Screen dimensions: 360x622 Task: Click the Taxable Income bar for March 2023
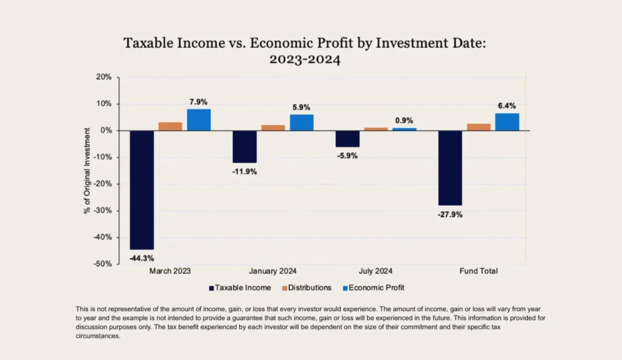point(142,190)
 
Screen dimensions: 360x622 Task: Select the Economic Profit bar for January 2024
point(301,123)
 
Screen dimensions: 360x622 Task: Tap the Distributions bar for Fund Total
point(479,127)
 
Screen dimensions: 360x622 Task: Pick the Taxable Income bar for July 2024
point(347,139)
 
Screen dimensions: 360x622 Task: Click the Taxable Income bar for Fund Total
point(450,168)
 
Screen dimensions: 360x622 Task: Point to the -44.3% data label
point(142,258)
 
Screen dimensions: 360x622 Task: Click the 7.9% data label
point(198,102)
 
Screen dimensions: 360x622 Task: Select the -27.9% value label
point(450,214)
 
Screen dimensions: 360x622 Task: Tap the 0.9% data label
point(404,121)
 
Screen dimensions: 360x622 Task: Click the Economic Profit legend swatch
point(345,288)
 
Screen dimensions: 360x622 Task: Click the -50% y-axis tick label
point(103,264)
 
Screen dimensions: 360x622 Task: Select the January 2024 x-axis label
point(273,271)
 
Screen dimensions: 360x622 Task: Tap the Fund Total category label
point(478,271)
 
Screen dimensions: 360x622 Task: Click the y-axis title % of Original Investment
point(87,170)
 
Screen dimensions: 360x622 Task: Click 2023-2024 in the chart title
point(305,59)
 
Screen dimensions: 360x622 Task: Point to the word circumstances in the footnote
point(98,336)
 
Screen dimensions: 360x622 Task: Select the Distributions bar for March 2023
point(170,126)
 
